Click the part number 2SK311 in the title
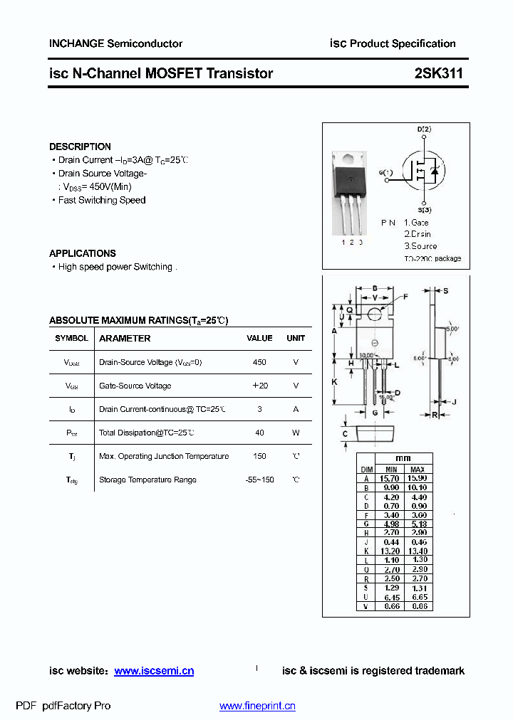pos(438,73)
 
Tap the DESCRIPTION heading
pos(80,147)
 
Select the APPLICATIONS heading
pos(82,253)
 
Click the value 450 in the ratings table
pos(259,362)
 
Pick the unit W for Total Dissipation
pos(296,433)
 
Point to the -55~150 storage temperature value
pos(259,480)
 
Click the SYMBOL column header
pos(71,339)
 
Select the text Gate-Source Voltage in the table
pos(135,386)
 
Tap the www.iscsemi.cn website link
pos(154,671)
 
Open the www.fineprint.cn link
pos(257,706)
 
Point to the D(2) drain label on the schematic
pos(424,129)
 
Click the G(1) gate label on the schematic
pos(385,173)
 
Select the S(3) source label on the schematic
pos(425,210)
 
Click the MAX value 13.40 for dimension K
pos(418,551)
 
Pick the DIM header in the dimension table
pos(367,470)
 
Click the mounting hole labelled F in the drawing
pos(375,311)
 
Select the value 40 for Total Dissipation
pos(259,433)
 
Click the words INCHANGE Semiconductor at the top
pos(115,43)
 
